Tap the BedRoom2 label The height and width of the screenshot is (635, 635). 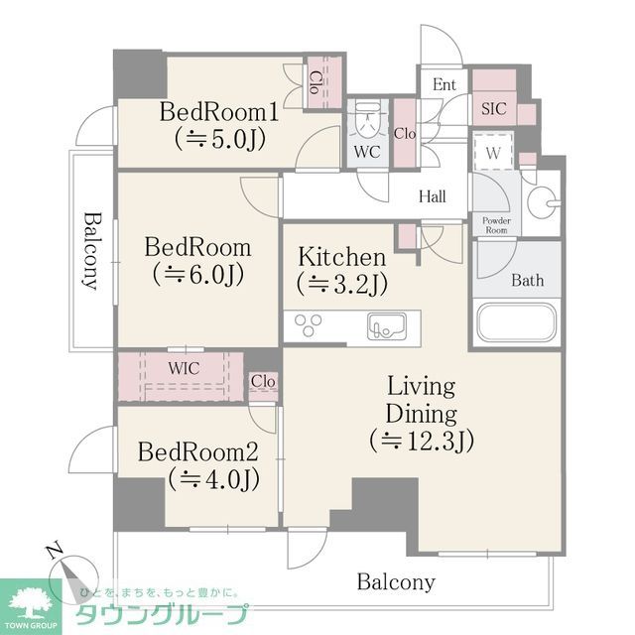pyautogui.click(x=197, y=452)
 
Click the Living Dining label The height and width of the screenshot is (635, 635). pyautogui.click(x=421, y=400)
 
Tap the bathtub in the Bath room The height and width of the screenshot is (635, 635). pyautogui.click(x=514, y=323)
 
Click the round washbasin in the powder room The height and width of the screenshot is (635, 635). pyautogui.click(x=541, y=205)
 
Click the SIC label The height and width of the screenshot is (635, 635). pyautogui.click(x=493, y=109)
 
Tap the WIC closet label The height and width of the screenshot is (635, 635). pyautogui.click(x=184, y=368)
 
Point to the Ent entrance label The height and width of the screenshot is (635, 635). pyautogui.click(x=444, y=85)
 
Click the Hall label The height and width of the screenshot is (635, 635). pyautogui.click(x=432, y=196)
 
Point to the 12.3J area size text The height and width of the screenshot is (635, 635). pyautogui.click(x=421, y=439)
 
